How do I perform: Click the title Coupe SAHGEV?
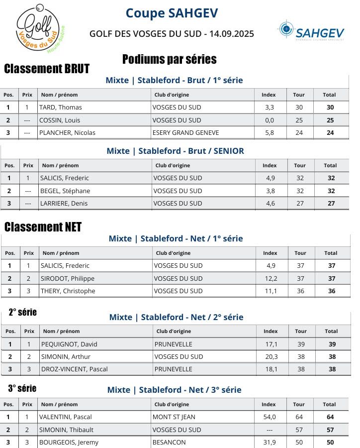pyautogui.click(x=172, y=13)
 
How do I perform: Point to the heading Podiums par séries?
pyautogui.click(x=169, y=59)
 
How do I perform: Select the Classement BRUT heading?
pyautogui.click(x=47, y=69)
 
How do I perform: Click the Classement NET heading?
pyautogui.click(x=43, y=227)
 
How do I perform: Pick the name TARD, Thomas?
pyautogui.click(x=61, y=107)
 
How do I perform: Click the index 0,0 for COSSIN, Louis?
pyautogui.click(x=270, y=120)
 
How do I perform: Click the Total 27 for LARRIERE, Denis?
pyautogui.click(x=331, y=203)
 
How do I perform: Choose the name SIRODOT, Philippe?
pyautogui.click(x=67, y=278)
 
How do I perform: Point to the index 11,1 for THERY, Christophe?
pyautogui.click(x=270, y=291)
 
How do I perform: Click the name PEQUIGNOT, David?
pyautogui.click(x=69, y=344)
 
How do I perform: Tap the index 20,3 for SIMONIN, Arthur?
pyautogui.click(x=271, y=356)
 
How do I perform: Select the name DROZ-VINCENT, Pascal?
pyautogui.click(x=75, y=369)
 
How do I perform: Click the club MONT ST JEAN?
pyautogui.click(x=175, y=417)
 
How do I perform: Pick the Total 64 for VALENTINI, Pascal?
pyautogui.click(x=330, y=417)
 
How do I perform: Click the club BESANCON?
pyautogui.click(x=169, y=442)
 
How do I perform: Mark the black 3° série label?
pyautogui.click(x=22, y=388)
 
